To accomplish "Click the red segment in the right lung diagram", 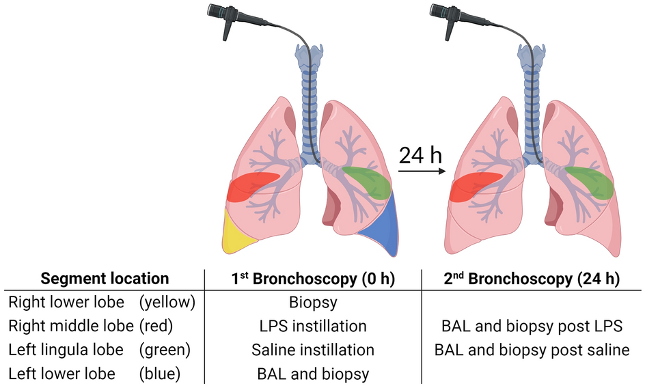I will pyautogui.click(x=473, y=186).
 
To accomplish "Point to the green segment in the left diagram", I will pyautogui.click(x=368, y=180).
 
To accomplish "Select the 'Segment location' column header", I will pyautogui.click(x=105, y=279).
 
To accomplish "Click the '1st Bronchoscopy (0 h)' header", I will pyautogui.click(x=314, y=279).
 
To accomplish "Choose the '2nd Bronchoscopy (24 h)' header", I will pyautogui.click(x=531, y=279).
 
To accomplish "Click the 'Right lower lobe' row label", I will pyautogui.click(x=66, y=302).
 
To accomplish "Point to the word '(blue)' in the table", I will pyautogui.click(x=160, y=374).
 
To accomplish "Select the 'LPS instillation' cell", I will pyautogui.click(x=314, y=326).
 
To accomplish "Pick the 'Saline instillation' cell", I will pyautogui.click(x=314, y=350).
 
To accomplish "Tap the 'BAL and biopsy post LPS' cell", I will pyautogui.click(x=531, y=326).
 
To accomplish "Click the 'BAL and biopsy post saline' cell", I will pyautogui.click(x=531, y=350).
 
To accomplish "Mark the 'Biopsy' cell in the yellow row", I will pyautogui.click(x=314, y=302).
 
